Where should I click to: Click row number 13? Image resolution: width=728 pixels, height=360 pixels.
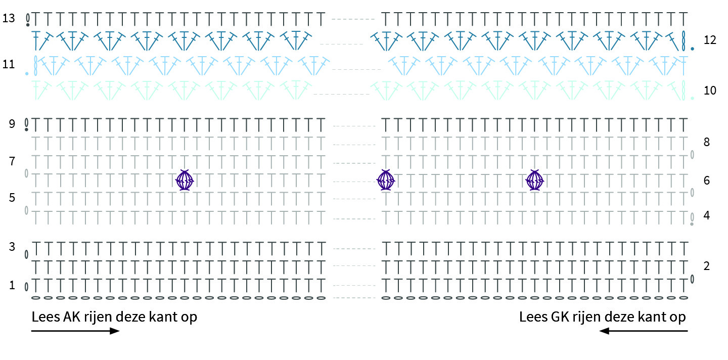(9, 18)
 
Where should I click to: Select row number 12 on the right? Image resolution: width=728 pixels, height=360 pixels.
(710, 40)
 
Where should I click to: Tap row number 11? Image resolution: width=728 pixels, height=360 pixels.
(9, 64)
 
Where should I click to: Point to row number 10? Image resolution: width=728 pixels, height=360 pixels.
(710, 91)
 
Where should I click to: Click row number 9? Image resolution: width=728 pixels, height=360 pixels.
(12, 124)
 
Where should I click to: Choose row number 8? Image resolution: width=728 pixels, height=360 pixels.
(707, 142)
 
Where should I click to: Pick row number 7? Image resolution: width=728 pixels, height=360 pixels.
(12, 161)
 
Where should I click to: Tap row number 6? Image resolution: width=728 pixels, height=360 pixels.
(707, 181)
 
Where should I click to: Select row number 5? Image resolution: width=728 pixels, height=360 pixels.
(12, 198)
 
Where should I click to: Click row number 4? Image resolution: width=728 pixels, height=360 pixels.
(707, 215)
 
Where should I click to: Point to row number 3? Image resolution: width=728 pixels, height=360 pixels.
(12, 247)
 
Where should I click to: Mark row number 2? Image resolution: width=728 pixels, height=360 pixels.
(707, 266)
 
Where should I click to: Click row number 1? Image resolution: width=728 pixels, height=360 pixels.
(12, 285)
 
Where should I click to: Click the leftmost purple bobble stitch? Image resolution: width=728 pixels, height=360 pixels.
(185, 180)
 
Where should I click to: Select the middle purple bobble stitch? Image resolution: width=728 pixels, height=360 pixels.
(386, 180)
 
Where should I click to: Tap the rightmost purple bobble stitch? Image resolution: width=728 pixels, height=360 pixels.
(535, 180)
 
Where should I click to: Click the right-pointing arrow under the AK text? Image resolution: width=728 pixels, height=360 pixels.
(75, 331)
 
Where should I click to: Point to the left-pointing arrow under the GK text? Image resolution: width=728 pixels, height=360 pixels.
(644, 331)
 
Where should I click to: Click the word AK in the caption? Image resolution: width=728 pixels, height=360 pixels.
(71, 317)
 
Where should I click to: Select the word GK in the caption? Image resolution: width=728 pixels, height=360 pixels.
(560, 317)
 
